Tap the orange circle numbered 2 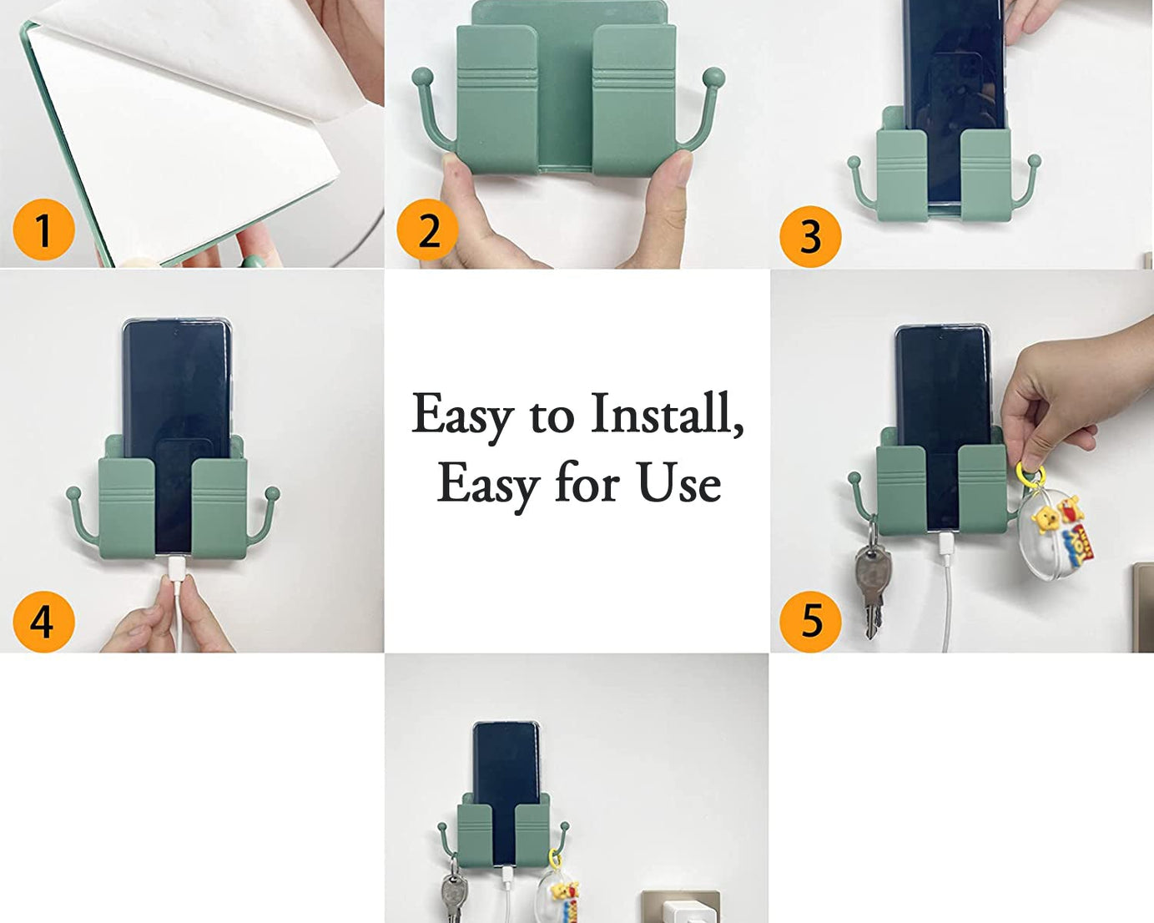tap(427, 229)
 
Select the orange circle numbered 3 tap(810, 236)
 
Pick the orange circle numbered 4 tap(43, 621)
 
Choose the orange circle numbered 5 tap(810, 621)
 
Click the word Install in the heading tap(666, 413)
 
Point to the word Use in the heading tap(679, 483)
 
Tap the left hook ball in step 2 tap(423, 78)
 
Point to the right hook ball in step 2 tap(713, 78)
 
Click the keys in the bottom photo tap(451, 893)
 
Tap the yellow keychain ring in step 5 tap(1031, 474)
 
